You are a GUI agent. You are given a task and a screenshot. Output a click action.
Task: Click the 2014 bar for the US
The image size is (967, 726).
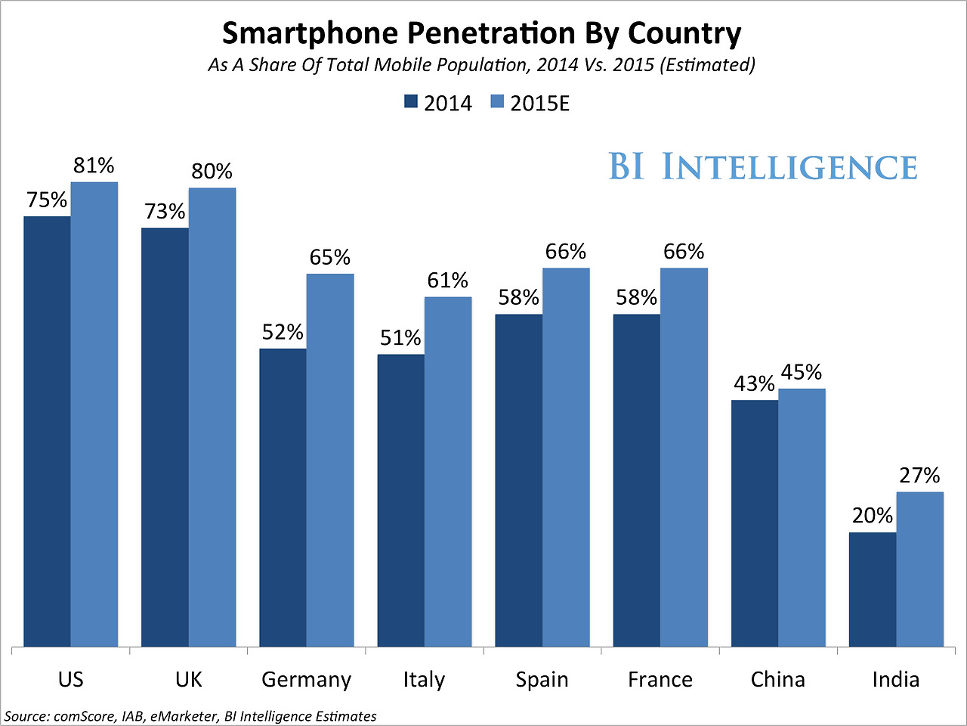pyautogui.click(x=47, y=431)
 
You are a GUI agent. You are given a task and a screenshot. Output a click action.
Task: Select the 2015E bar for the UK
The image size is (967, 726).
pyautogui.click(x=212, y=417)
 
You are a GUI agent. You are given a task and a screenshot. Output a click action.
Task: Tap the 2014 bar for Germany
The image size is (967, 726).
pyautogui.click(x=283, y=497)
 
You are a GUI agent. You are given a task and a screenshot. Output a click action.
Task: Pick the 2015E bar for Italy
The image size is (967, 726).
pyautogui.click(x=448, y=471)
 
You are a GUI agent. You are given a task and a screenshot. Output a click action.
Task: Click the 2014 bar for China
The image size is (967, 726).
pyautogui.click(x=755, y=523)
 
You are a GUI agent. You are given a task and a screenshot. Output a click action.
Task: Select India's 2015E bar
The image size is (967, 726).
pyautogui.click(x=920, y=569)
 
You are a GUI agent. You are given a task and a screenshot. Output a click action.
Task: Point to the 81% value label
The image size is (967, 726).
pyautogui.click(x=94, y=165)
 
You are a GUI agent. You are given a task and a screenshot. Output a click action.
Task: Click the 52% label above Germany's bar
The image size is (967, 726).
pyautogui.click(x=283, y=332)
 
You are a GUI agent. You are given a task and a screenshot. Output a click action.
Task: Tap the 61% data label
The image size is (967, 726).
pyautogui.click(x=448, y=281)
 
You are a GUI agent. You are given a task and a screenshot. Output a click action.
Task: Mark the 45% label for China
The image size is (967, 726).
pyautogui.click(x=802, y=372)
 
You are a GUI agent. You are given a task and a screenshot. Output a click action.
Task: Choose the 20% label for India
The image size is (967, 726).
pyautogui.click(x=873, y=516)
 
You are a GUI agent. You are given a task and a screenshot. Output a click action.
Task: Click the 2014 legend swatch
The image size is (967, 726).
pyautogui.click(x=411, y=102)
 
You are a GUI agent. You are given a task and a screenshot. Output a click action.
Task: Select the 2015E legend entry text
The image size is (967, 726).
pyautogui.click(x=539, y=104)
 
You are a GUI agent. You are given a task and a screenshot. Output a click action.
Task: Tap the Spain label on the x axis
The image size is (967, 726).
pyautogui.click(x=542, y=679)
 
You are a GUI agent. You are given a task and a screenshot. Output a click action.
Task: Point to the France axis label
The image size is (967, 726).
pyautogui.click(x=660, y=679)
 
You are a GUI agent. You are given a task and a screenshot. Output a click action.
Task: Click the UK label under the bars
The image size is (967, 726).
pyautogui.click(x=188, y=679)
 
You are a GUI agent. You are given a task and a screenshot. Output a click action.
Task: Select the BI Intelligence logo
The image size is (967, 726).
pyautogui.click(x=763, y=167)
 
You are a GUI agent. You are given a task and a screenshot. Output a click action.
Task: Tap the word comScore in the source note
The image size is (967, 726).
pyautogui.click(x=82, y=716)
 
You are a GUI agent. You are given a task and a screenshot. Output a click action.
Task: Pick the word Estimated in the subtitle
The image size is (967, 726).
pyautogui.click(x=707, y=65)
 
